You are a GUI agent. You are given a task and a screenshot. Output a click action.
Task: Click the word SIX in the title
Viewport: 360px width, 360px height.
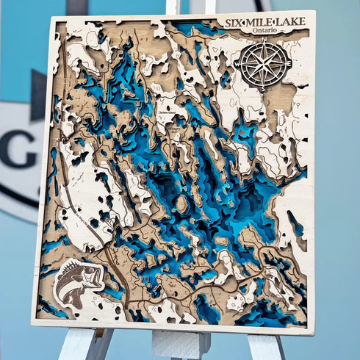tap(236, 24)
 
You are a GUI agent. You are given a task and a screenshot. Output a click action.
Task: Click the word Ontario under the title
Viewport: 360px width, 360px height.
tap(264, 32)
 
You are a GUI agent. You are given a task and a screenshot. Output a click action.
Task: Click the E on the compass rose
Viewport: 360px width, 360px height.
tap(289, 64)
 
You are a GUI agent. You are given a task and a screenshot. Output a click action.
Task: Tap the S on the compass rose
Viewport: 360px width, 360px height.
tap(263, 88)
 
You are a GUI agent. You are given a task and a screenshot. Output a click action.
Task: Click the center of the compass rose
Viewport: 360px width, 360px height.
tap(264, 65)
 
